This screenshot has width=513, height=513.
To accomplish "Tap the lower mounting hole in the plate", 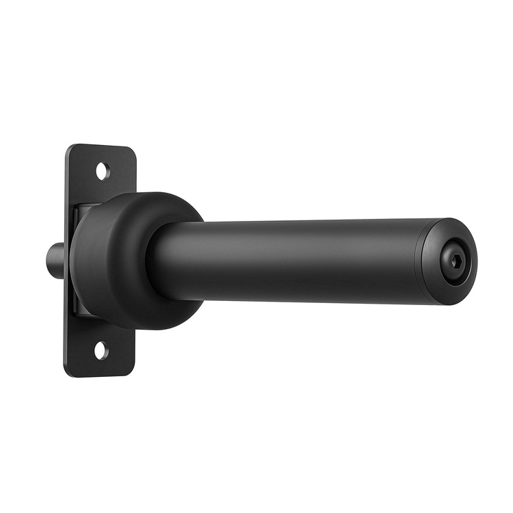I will [x=101, y=350].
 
